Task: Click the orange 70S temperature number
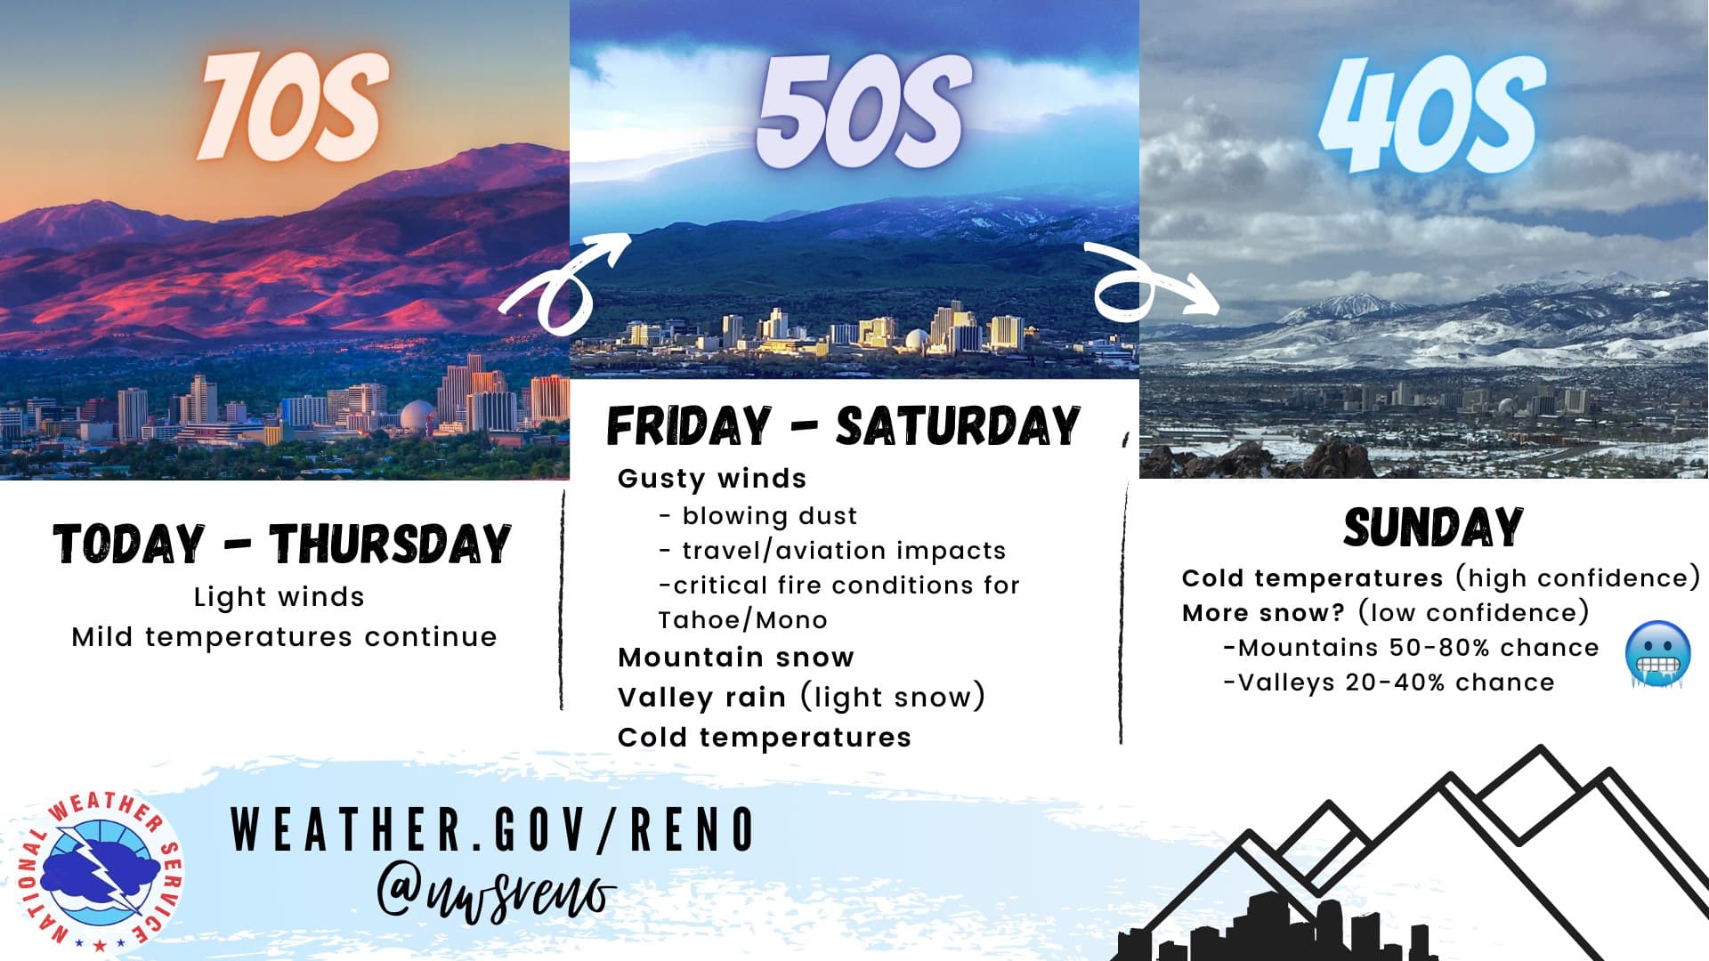(x=293, y=106)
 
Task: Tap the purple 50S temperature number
(x=861, y=110)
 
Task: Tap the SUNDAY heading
(x=1433, y=528)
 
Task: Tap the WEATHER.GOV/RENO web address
(x=492, y=829)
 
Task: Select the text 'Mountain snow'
(x=736, y=658)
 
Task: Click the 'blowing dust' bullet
(x=758, y=516)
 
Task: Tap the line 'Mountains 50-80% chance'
(x=1411, y=648)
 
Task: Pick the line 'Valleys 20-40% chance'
(x=1389, y=682)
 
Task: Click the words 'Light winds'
(x=279, y=597)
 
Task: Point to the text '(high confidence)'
(x=1578, y=578)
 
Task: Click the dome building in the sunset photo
(x=417, y=416)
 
